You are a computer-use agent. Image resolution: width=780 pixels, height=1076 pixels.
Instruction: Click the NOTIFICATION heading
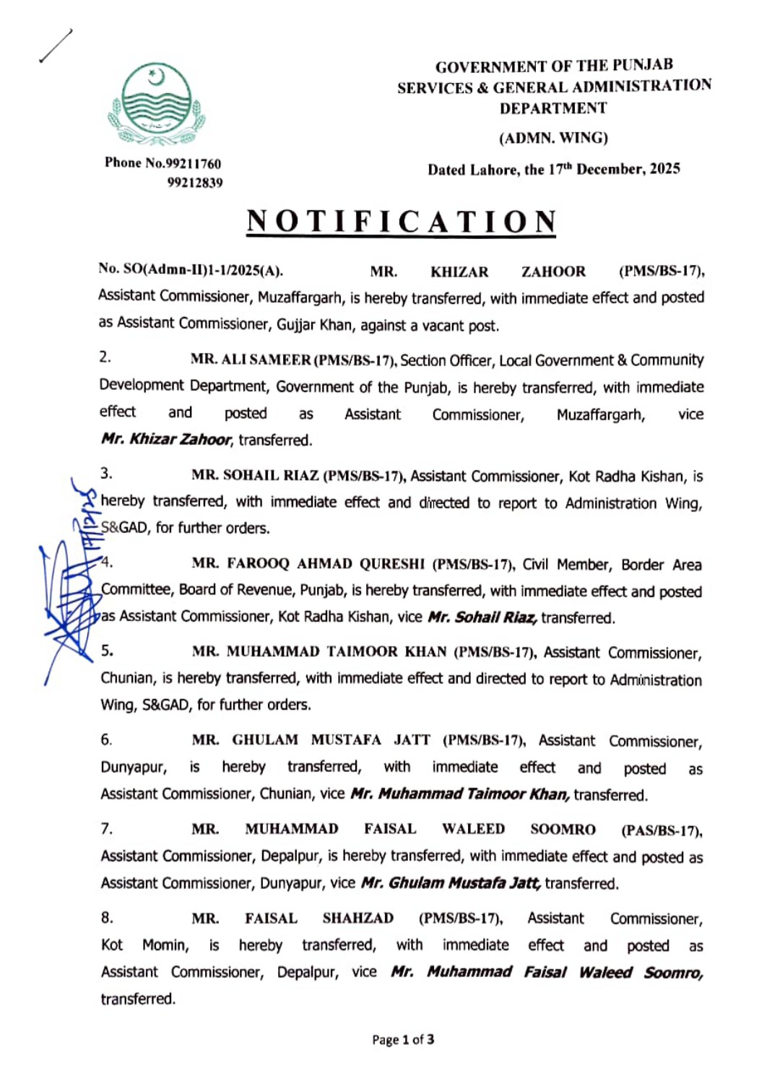pos(402,222)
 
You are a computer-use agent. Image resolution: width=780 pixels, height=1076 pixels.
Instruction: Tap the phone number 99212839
pos(195,183)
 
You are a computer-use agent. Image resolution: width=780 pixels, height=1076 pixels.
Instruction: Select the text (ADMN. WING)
pos(553,137)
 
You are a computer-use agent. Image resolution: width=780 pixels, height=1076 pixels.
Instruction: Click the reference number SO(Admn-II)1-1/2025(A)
pos(191,270)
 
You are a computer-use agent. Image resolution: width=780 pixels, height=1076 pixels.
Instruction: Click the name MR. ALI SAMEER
pos(251,359)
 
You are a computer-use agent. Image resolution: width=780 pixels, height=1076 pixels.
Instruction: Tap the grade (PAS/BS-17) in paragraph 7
pos(662,830)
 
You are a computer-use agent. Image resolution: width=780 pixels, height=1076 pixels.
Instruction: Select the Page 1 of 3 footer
pos(403,1040)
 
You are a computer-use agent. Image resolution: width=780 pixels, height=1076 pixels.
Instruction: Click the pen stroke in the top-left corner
pos(56,45)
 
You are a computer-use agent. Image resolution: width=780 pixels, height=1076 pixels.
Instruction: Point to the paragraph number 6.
pos(106,739)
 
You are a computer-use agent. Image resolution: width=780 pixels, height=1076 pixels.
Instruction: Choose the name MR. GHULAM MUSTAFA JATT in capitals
pos(311,740)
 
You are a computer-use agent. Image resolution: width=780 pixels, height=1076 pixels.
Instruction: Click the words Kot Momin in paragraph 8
pos(144,945)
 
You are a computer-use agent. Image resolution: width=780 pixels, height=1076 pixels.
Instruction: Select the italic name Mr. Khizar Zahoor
pos(167,439)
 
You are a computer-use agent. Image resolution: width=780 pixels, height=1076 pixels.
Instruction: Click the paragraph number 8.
pos(107,918)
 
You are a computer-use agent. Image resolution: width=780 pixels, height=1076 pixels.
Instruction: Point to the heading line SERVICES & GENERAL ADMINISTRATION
pos(554,87)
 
